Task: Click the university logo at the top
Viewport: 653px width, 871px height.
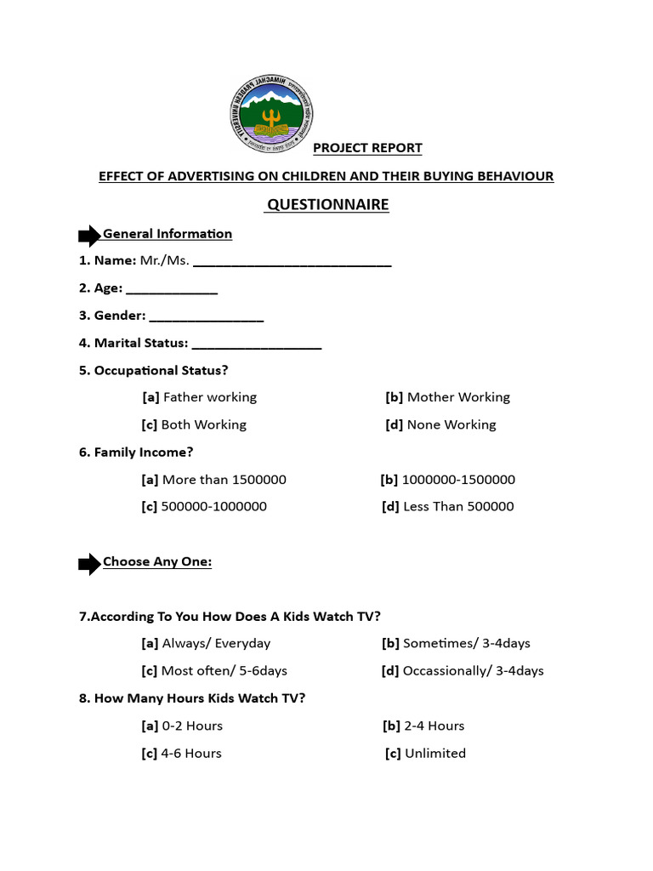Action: pyautogui.click(x=271, y=115)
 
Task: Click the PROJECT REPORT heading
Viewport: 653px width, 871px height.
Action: pyautogui.click(x=367, y=148)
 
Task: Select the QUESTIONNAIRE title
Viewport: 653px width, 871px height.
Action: pyautogui.click(x=327, y=205)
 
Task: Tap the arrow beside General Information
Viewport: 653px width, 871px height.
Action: pyautogui.click(x=89, y=236)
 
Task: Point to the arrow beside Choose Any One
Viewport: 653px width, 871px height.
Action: pyautogui.click(x=89, y=563)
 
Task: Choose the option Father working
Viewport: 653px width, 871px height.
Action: pyautogui.click(x=200, y=397)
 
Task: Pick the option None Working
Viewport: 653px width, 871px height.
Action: pyautogui.click(x=440, y=424)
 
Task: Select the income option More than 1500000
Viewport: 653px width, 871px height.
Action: pyautogui.click(x=214, y=480)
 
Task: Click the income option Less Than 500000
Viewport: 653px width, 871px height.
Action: pyautogui.click(x=448, y=507)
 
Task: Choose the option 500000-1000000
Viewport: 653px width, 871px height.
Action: pyautogui.click(x=204, y=507)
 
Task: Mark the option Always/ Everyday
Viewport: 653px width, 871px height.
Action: pyautogui.click(x=207, y=644)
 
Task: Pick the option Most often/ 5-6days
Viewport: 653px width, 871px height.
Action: pyautogui.click(x=214, y=671)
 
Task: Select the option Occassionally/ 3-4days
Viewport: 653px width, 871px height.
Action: pyautogui.click(x=463, y=671)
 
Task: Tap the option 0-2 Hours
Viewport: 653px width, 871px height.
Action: pyautogui.click(x=183, y=726)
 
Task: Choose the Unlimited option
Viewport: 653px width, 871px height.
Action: pyautogui.click(x=425, y=754)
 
